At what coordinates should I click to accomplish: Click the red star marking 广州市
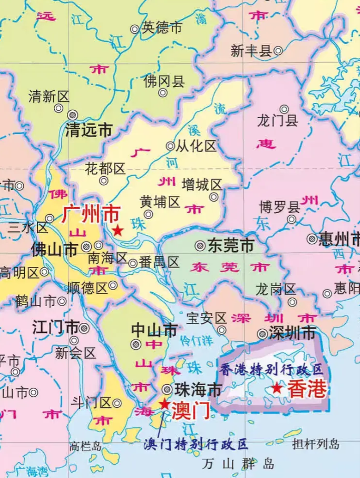tap(118, 231)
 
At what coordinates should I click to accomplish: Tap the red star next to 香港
tap(277, 388)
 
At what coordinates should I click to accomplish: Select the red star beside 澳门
tap(164, 404)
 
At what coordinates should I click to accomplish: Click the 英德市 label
tap(162, 28)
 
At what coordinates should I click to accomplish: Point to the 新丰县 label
tap(251, 51)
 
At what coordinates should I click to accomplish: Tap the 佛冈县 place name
tap(164, 81)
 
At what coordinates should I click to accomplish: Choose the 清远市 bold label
tap(89, 130)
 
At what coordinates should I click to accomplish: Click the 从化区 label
tap(196, 146)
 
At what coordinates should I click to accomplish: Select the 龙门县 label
tap(277, 121)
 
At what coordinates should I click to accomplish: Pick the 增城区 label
tap(201, 185)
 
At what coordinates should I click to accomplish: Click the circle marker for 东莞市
tap(200, 245)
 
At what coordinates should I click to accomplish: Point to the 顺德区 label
tap(87, 288)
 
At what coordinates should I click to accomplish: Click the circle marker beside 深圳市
tap(262, 333)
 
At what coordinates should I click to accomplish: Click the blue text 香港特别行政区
tap(271, 369)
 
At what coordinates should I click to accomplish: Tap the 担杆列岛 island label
tap(316, 444)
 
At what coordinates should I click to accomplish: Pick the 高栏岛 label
tap(85, 446)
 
